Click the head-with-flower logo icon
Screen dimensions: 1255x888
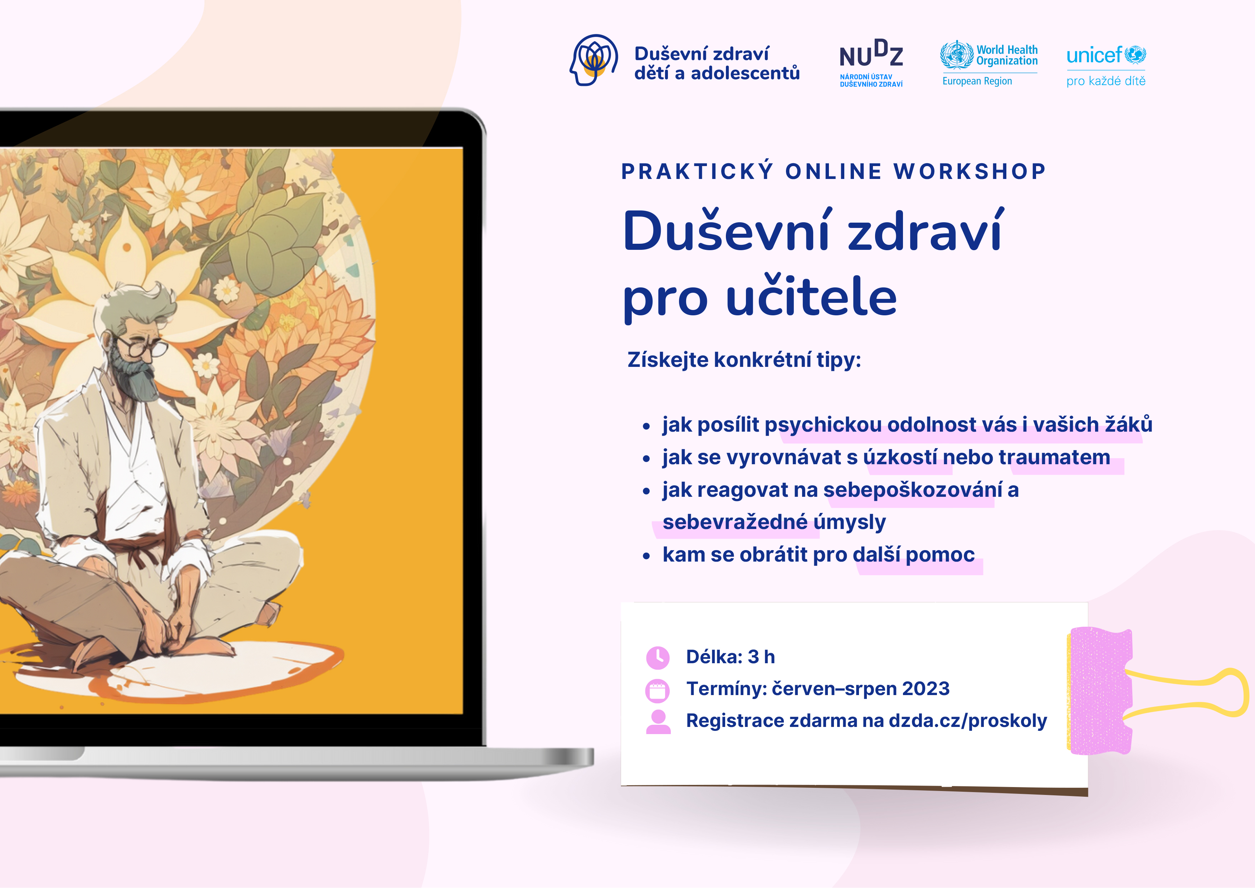tap(594, 60)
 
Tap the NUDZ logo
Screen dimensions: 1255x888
tap(871, 62)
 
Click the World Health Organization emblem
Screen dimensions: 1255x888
tap(957, 55)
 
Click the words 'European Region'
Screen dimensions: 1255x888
tap(977, 81)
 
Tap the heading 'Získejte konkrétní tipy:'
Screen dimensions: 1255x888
tap(744, 360)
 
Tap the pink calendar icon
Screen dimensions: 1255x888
tap(658, 690)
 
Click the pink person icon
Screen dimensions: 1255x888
tap(658, 722)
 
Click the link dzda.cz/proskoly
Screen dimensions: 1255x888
tap(967, 721)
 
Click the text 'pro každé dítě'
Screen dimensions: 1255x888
tap(1106, 81)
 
